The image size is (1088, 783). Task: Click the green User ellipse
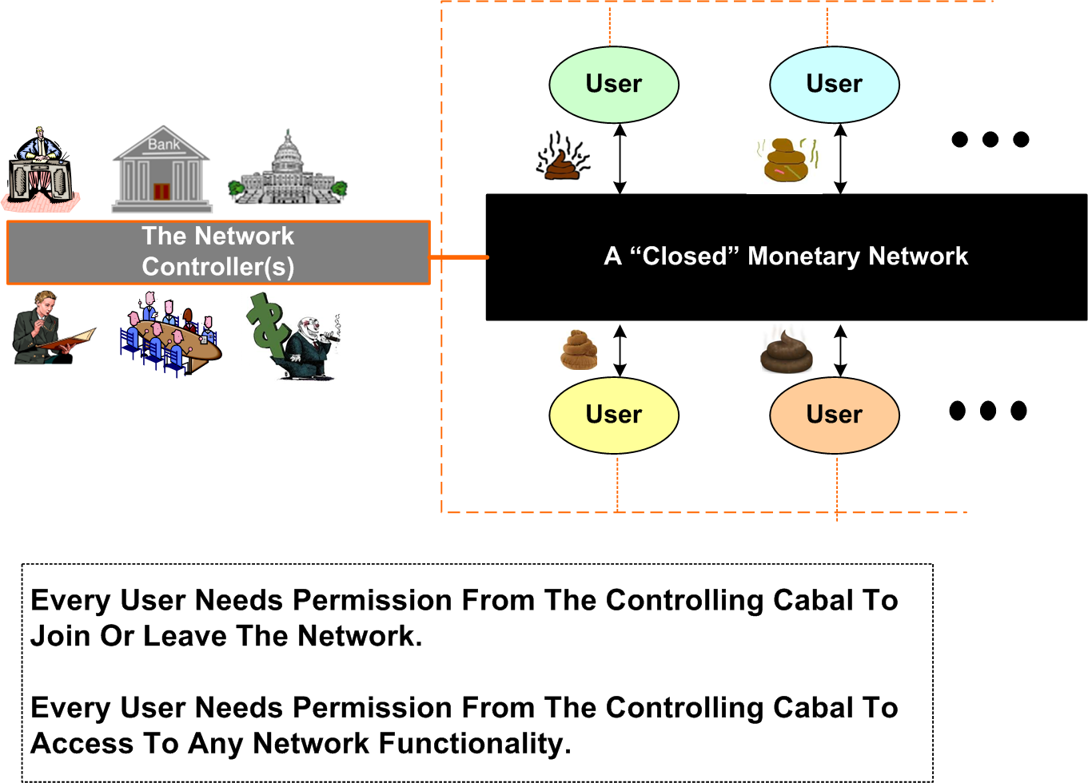613,85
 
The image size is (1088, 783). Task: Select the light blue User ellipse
834,85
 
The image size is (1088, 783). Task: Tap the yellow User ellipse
613,415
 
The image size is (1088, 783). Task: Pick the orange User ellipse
834,415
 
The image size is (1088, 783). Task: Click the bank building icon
161,169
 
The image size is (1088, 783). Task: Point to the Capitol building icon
287,170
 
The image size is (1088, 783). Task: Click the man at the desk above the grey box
40,169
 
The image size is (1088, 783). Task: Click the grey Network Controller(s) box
218,252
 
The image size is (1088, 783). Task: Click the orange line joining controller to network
458,257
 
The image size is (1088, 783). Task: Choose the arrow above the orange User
840,350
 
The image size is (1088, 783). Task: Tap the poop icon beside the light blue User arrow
787,161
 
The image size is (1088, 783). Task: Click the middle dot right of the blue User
990,140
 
